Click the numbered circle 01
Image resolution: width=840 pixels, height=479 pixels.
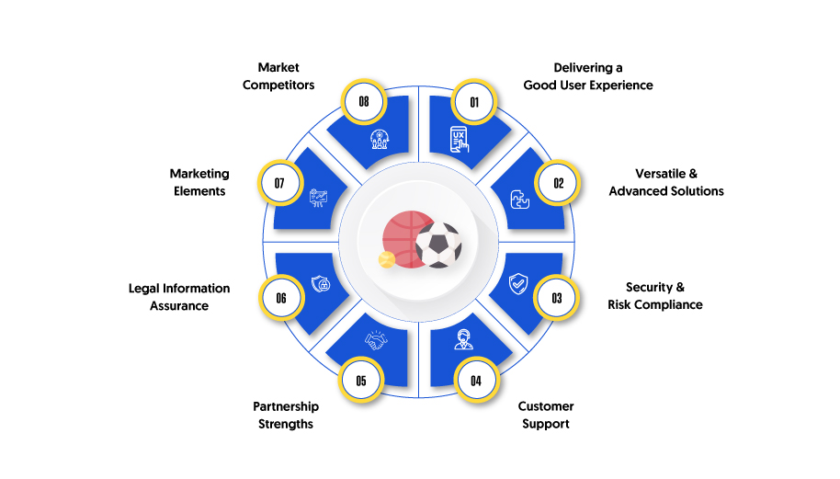point(474,102)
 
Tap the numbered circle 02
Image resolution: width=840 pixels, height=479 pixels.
point(558,183)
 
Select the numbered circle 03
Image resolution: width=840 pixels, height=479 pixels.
point(557,298)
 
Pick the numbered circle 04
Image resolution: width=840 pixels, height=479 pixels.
point(476,381)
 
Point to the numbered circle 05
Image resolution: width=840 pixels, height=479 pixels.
point(361,380)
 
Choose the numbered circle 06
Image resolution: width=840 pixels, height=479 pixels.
point(281,298)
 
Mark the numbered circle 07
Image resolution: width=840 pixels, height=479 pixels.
point(280,183)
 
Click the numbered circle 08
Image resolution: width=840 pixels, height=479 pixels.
point(364,102)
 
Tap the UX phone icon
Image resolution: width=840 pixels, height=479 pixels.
point(460,140)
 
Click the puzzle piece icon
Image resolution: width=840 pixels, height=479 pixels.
point(519,200)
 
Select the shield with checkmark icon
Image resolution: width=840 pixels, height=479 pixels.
point(518,283)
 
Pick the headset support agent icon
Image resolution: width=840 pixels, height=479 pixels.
point(463,339)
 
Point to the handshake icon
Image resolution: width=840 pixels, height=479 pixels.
point(376,340)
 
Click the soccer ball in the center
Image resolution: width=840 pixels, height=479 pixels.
point(438,245)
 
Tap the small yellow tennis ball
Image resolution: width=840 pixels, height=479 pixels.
point(386,260)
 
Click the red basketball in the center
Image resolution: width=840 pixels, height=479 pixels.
point(408,239)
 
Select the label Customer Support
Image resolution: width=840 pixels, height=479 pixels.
point(545,415)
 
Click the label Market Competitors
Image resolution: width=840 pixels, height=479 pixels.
point(278,76)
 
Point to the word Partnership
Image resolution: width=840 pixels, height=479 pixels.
point(286,406)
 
